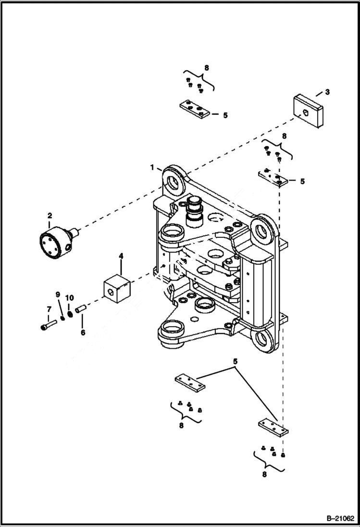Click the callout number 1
click(x=152, y=168)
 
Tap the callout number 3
click(x=327, y=91)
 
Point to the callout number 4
click(x=121, y=257)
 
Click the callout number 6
click(x=83, y=332)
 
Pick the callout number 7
click(x=49, y=308)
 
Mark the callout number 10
click(x=69, y=298)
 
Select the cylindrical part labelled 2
click(x=54, y=244)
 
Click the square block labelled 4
click(x=118, y=289)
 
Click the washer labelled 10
click(x=69, y=313)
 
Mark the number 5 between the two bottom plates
click(x=236, y=361)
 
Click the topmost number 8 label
click(x=206, y=68)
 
